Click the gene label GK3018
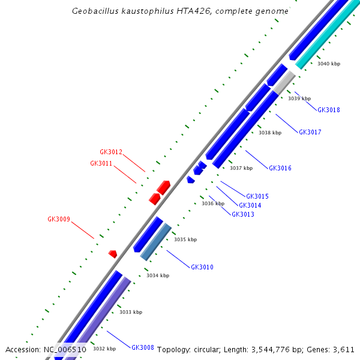329,110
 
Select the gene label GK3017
310,132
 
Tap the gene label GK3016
280,168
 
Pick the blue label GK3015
257,196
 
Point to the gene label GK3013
243,214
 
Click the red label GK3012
111,152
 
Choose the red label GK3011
101,163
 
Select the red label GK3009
59,219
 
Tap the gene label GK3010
202,267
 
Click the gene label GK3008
143,347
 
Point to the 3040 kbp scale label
329,64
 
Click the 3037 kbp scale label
241,168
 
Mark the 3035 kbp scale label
185,239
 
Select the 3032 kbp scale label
104,349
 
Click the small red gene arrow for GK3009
112,254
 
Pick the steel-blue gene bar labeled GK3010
156,242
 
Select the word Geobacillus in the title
95,11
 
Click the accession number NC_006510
65,349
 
